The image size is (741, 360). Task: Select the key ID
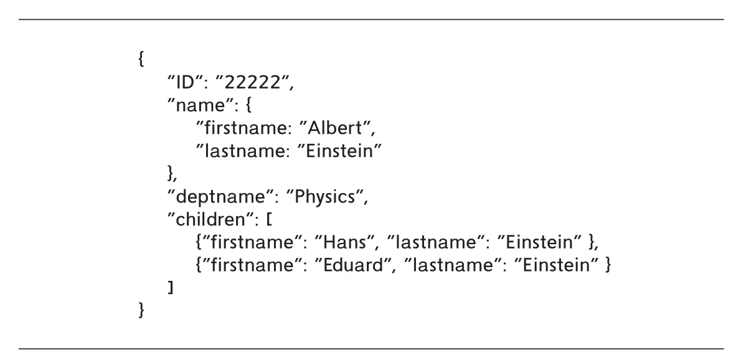[185, 82]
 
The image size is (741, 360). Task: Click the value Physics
[324, 197]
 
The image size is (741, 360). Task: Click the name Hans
[344, 242]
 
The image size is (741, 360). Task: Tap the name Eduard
[352, 265]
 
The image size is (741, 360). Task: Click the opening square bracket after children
[268, 220]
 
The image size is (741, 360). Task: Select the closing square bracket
[171, 287]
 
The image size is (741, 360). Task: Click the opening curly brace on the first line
[141, 60]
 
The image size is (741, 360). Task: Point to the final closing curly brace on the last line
[141, 310]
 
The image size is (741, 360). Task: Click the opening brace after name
[248, 105]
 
